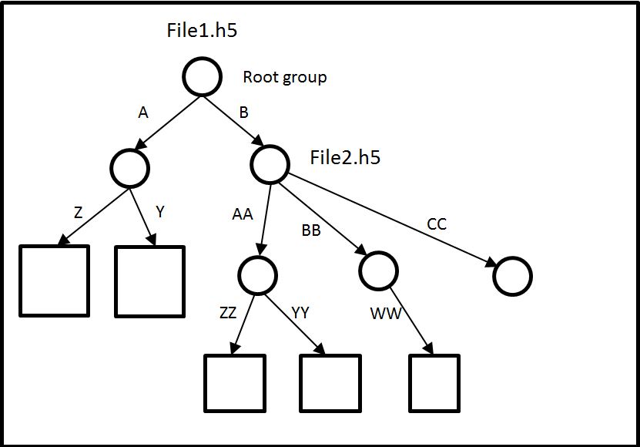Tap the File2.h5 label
(x=345, y=158)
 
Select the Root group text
(x=284, y=77)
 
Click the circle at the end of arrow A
(x=129, y=166)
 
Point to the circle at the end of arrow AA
(x=257, y=274)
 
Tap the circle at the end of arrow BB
(x=378, y=269)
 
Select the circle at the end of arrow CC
(x=513, y=275)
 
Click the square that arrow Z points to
(x=54, y=281)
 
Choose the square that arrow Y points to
(x=149, y=281)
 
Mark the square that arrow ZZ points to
(x=235, y=383)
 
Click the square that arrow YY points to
(x=330, y=383)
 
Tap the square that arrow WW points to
(x=434, y=383)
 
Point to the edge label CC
(x=437, y=224)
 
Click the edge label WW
(x=386, y=314)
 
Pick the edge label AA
(x=243, y=215)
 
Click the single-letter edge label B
(x=244, y=113)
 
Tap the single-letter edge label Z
(x=78, y=213)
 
